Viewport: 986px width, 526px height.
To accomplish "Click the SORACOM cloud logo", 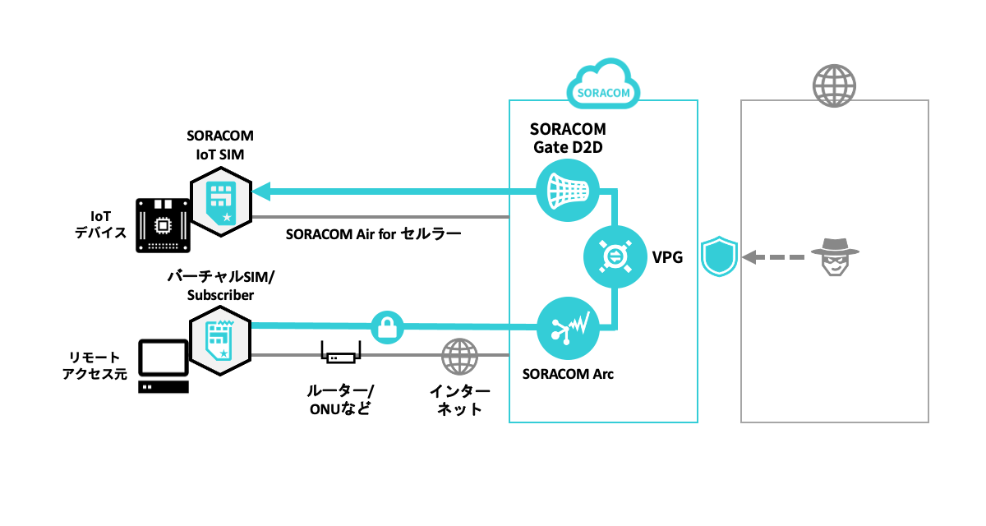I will click(x=604, y=85).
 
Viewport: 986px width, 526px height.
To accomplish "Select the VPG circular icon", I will click(x=612, y=256).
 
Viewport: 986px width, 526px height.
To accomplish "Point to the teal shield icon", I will click(x=720, y=256).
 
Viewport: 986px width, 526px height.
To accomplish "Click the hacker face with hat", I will click(x=834, y=256).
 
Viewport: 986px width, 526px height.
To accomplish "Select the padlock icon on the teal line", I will click(x=385, y=327).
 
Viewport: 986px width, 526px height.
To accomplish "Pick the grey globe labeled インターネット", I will click(x=459, y=356).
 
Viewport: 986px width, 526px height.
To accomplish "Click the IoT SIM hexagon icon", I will click(x=221, y=203).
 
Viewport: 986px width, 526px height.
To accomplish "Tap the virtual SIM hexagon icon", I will click(x=220, y=338).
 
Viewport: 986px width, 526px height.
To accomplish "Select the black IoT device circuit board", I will click(x=163, y=223).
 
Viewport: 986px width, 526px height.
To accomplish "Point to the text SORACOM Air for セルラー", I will click(x=373, y=233).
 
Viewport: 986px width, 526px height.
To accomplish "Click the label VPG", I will click(x=667, y=257).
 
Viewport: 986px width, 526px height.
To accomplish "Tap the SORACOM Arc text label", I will click(x=568, y=374).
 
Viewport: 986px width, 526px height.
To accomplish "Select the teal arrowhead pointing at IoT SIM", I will click(x=261, y=191).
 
